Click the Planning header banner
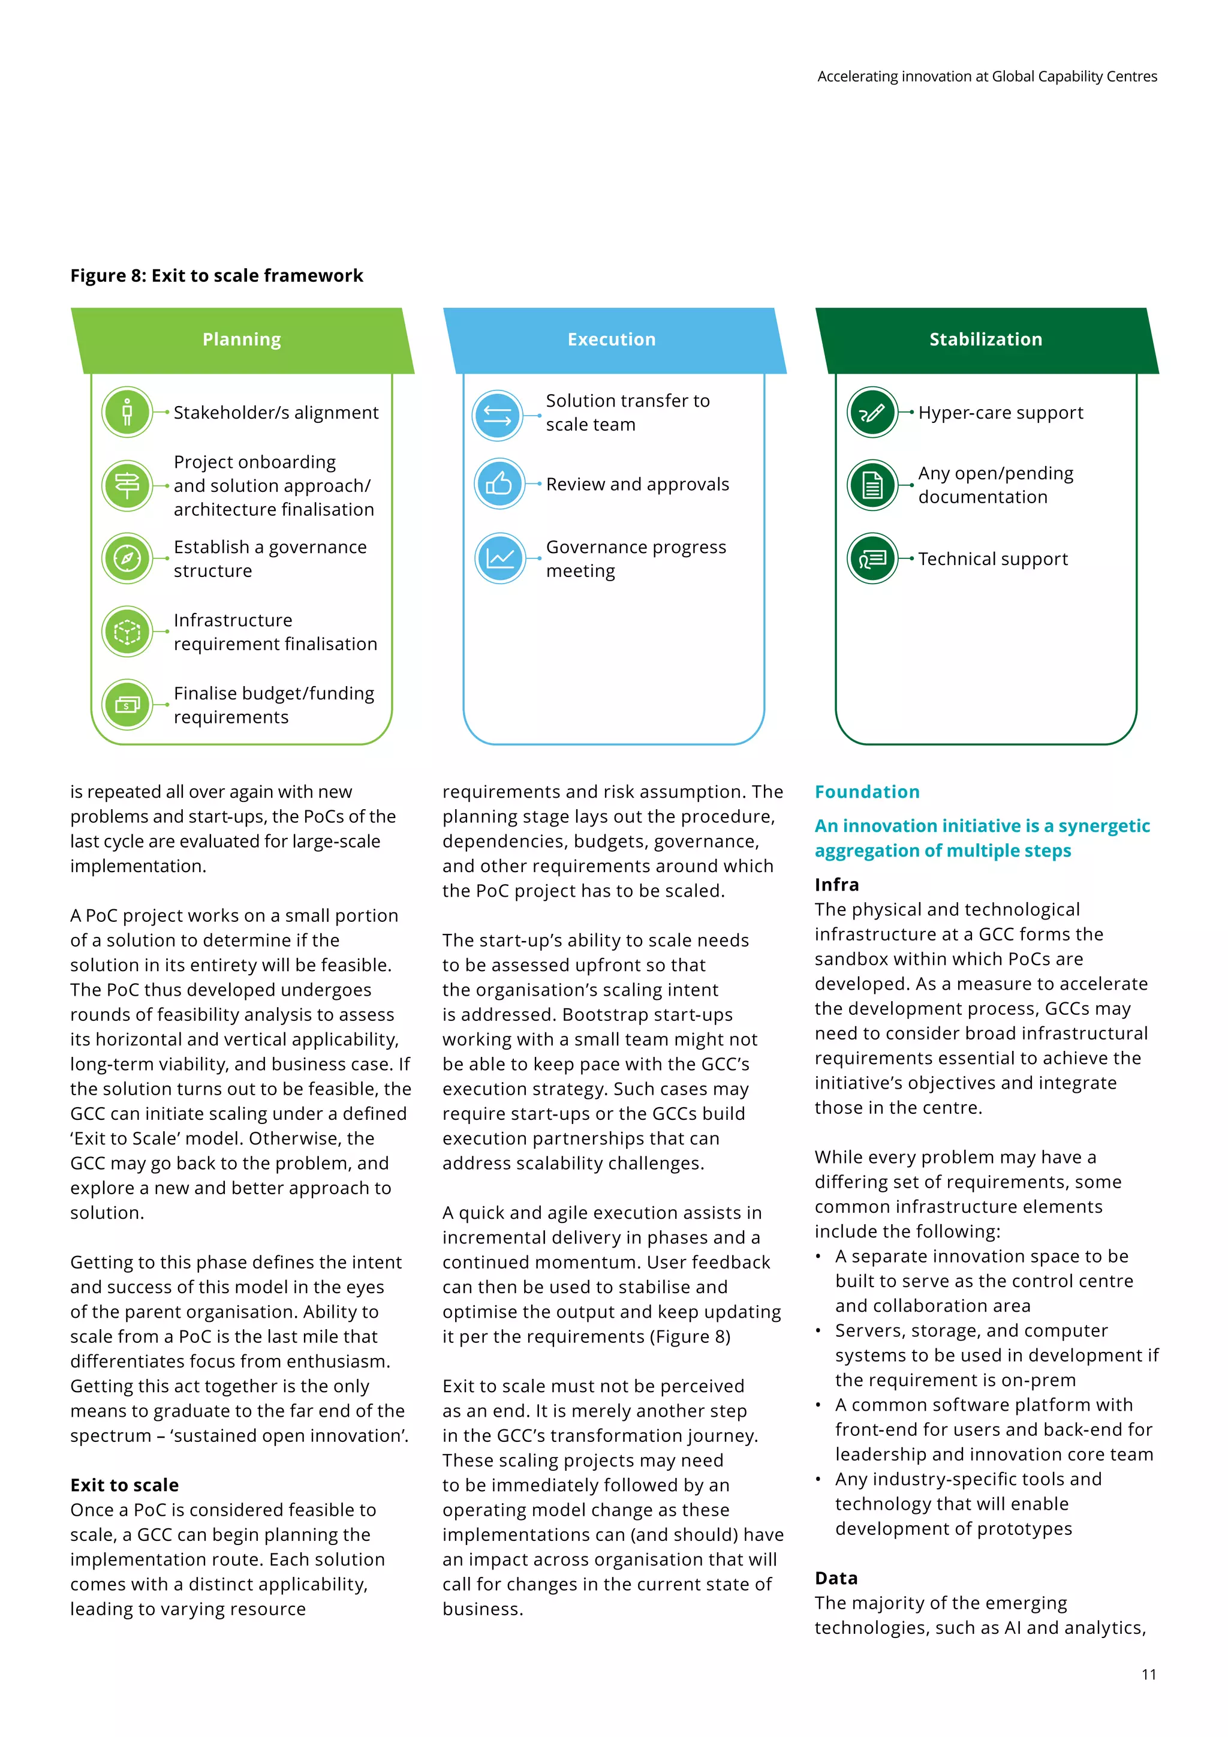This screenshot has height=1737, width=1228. point(242,339)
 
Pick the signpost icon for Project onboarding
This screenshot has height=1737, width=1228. point(127,485)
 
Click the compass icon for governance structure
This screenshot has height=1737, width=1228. point(127,558)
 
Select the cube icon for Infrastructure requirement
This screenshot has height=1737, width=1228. point(127,631)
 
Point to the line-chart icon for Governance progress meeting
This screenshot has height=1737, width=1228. point(500,558)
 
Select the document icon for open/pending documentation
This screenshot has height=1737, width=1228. point(872,485)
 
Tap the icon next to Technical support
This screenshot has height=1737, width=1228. point(872,558)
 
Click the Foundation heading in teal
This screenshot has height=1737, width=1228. point(866,792)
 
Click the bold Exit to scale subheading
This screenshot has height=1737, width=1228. point(125,1485)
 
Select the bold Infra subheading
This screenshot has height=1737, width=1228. point(836,884)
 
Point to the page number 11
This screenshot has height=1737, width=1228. point(1149,1674)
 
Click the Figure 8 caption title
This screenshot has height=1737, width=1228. point(217,275)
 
